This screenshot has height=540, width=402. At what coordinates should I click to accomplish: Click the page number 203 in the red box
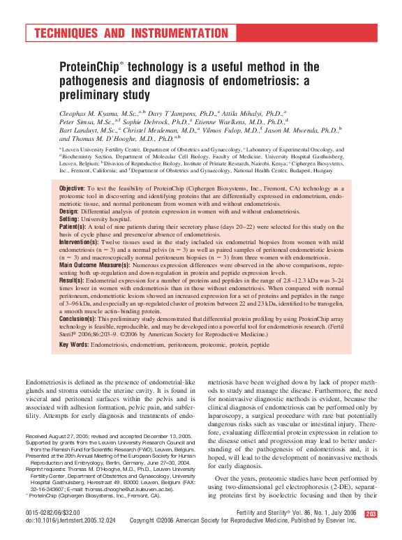(371, 514)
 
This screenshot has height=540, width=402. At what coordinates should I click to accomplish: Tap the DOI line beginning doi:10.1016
(70, 521)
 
